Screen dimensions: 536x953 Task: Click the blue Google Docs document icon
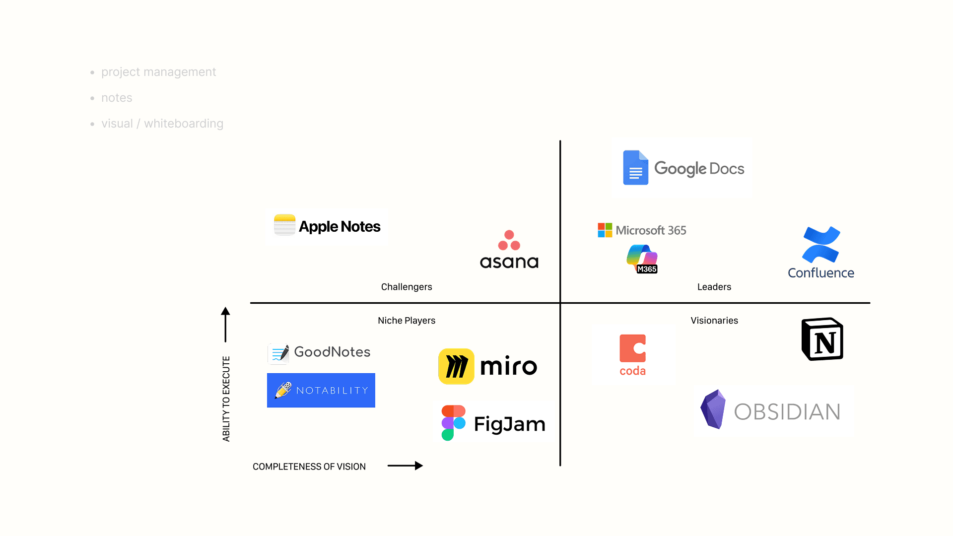pyautogui.click(x=635, y=168)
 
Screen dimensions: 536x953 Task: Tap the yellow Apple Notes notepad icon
pyautogui.click(x=284, y=225)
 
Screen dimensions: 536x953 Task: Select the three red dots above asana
pyautogui.click(x=509, y=240)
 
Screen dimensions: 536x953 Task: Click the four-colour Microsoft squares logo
pyautogui.click(x=605, y=230)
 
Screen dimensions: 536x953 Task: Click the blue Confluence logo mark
pyautogui.click(x=821, y=244)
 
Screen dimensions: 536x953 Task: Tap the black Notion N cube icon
pyautogui.click(x=822, y=339)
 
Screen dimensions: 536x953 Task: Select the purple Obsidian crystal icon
pyautogui.click(x=713, y=409)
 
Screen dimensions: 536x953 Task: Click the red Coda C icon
pyautogui.click(x=632, y=348)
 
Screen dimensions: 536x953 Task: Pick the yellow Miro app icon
pyautogui.click(x=456, y=366)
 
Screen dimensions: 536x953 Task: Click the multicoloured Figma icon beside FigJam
pyautogui.click(x=453, y=423)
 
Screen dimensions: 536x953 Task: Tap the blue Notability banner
pyautogui.click(x=321, y=390)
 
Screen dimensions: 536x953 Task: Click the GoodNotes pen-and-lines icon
pyautogui.click(x=278, y=353)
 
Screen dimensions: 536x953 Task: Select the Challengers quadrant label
pyautogui.click(x=407, y=287)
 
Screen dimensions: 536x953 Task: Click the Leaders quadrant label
pyautogui.click(x=714, y=287)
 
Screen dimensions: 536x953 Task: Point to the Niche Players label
pyautogui.click(x=407, y=321)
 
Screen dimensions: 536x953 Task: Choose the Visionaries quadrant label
pyautogui.click(x=714, y=321)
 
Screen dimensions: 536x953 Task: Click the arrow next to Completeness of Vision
pyautogui.click(x=405, y=466)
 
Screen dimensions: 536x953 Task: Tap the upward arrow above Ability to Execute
pyautogui.click(x=225, y=325)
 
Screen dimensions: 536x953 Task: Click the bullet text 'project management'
pyautogui.click(x=159, y=72)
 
